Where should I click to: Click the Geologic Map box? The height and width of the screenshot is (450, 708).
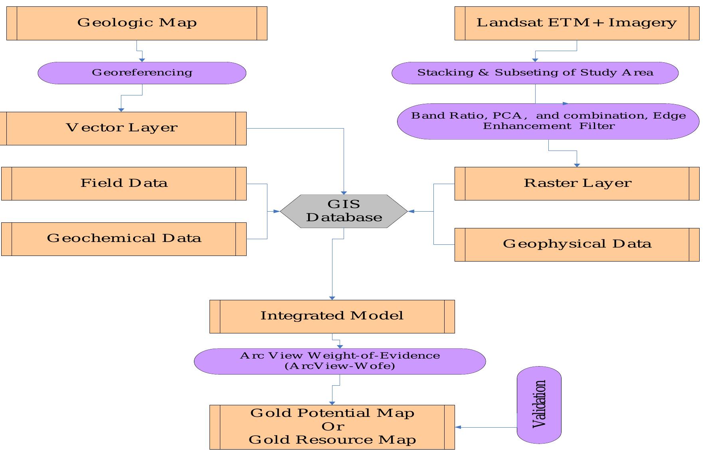click(x=136, y=23)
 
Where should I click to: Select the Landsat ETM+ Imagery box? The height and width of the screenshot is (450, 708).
click(x=577, y=23)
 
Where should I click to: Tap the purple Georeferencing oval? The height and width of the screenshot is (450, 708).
click(x=142, y=73)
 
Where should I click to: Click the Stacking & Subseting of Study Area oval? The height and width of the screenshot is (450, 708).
click(x=535, y=73)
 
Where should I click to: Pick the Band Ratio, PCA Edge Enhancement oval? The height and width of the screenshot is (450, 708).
click(x=548, y=121)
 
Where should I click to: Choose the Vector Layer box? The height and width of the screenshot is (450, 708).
click(x=122, y=128)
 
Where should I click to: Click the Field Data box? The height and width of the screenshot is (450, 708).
click(x=124, y=183)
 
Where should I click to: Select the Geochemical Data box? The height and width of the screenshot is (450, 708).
click(x=124, y=239)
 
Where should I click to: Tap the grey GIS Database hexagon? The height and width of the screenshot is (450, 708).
click(x=344, y=211)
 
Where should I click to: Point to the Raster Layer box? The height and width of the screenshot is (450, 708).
click(x=577, y=183)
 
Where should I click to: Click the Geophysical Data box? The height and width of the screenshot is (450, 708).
click(x=577, y=244)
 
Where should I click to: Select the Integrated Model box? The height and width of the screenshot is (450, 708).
click(x=332, y=316)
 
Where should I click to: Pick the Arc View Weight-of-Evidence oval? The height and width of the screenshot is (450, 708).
click(x=340, y=361)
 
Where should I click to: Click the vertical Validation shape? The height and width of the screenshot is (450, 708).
click(x=539, y=404)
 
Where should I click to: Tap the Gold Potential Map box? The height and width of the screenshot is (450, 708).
click(x=332, y=427)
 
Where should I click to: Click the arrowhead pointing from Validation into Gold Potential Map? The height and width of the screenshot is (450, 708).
click(x=458, y=427)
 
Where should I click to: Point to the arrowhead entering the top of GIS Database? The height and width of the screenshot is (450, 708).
click(x=344, y=193)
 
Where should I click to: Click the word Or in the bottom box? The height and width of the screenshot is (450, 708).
click(x=332, y=426)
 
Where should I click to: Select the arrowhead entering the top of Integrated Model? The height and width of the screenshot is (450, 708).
click(x=332, y=298)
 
